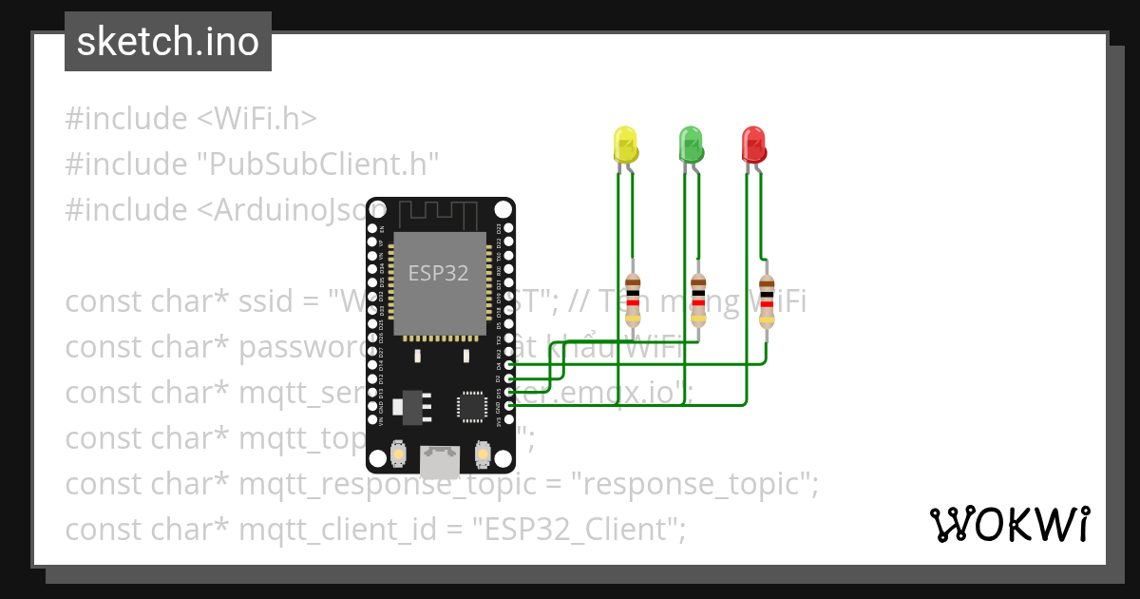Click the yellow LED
pos(625,145)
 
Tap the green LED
pos(691,145)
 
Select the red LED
pos(753,145)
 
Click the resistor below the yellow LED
pos(634,300)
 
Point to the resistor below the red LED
pos(766,300)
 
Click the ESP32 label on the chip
pos(439,274)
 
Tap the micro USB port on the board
pos(439,462)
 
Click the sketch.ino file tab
pos(168,42)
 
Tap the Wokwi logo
pos(1010,525)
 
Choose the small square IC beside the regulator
pos(472,407)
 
